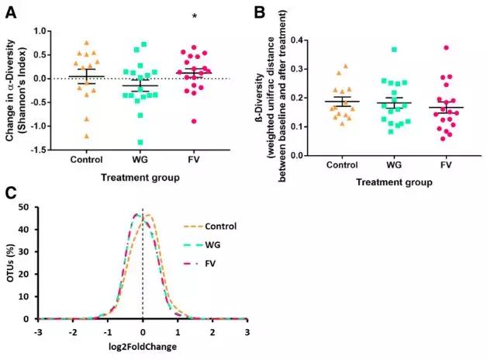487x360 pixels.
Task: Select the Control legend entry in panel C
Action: [221, 227]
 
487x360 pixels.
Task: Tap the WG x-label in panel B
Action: [399, 164]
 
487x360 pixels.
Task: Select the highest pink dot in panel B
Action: [447, 47]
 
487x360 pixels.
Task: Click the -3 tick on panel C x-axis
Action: [38, 331]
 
